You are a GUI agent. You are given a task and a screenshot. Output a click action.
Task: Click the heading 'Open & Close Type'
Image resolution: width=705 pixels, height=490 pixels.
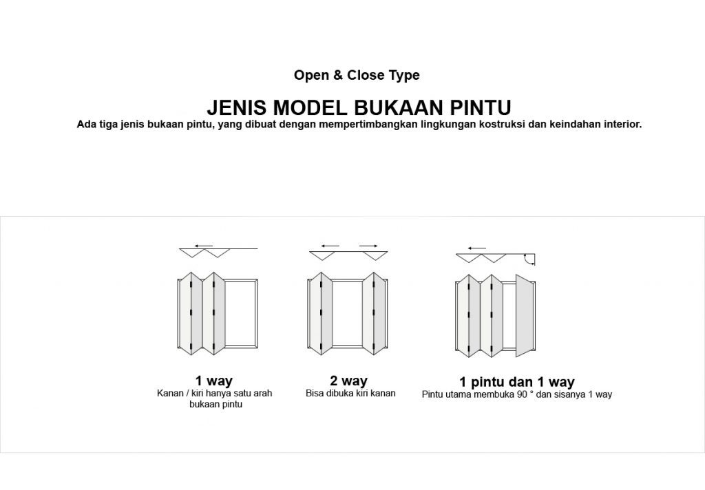357,75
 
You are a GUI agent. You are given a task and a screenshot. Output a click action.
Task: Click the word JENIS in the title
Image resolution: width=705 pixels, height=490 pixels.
237,107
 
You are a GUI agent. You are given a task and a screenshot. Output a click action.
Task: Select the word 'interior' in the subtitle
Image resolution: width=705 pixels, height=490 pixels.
622,124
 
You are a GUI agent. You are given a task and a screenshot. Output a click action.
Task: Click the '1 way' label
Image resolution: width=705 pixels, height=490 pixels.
213,381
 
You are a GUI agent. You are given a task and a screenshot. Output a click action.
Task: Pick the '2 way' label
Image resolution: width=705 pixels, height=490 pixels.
348,381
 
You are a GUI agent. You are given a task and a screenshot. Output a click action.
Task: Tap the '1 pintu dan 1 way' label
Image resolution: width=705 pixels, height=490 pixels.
516,382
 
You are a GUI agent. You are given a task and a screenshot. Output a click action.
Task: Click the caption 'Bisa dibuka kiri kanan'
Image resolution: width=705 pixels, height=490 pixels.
350,394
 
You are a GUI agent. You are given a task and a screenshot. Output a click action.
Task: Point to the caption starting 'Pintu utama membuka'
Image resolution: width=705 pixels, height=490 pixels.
517,395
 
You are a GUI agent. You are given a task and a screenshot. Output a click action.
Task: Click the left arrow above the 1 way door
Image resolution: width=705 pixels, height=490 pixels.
204,246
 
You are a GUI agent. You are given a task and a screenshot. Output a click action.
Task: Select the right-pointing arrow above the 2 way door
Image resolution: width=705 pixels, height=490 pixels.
369,246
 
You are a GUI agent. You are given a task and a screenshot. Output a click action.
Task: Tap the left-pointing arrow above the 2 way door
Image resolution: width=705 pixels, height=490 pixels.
330,246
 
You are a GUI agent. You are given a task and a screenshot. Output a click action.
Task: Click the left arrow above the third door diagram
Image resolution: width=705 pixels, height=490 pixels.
476,248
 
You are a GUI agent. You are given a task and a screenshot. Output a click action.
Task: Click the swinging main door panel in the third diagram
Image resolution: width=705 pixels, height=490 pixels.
524,316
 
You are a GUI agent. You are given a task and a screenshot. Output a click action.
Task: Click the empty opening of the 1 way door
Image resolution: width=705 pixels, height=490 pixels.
241,313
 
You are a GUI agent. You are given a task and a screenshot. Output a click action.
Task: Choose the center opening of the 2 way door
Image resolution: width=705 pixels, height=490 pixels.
347,313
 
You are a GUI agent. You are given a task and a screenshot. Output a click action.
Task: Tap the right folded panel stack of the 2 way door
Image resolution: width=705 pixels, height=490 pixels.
375,313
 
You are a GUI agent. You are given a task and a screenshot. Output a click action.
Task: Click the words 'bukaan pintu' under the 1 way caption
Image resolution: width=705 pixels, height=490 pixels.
215,404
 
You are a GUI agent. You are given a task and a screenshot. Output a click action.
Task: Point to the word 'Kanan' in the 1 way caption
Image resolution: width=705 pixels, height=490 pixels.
171,394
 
